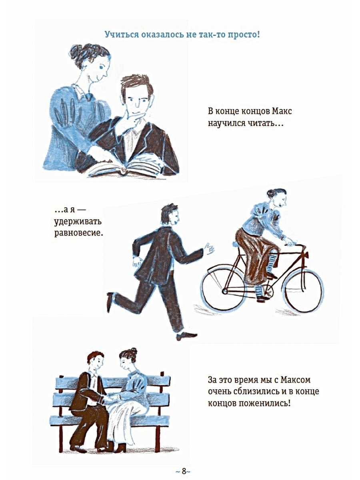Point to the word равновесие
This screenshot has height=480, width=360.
pyautogui.click(x=78, y=233)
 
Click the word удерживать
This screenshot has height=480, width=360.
pyautogui.click(x=78, y=222)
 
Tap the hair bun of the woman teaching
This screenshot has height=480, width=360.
pyautogui.click(x=76, y=51)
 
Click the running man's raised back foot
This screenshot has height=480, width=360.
pyautogui.click(x=110, y=302)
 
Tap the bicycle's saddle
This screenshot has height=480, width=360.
pyautogui.click(x=237, y=243)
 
